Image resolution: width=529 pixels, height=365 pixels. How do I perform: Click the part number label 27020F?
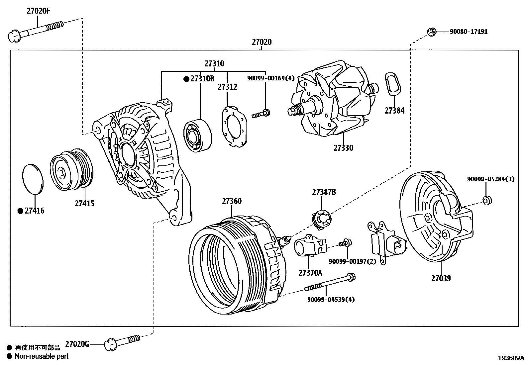(x=39, y=11)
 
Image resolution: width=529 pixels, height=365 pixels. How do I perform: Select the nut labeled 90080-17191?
(x=431, y=32)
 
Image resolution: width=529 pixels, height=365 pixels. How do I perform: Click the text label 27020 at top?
(x=262, y=42)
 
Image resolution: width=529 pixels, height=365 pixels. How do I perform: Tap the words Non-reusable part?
(x=42, y=356)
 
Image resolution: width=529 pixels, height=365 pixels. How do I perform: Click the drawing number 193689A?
(x=510, y=358)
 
